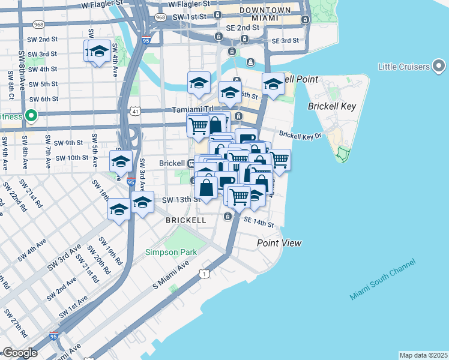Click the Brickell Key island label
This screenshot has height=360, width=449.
332,106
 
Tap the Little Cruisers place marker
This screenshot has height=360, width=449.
439,65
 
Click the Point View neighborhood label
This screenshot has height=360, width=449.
279,243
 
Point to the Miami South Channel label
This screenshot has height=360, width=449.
382,281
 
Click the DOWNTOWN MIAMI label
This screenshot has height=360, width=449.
263,15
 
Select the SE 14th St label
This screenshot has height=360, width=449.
259,223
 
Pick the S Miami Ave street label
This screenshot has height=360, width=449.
170,278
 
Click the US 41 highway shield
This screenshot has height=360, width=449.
136,112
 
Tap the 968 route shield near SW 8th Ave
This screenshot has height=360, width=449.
39,25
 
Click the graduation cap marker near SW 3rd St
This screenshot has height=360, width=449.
98,51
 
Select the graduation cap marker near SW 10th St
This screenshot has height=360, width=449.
121,162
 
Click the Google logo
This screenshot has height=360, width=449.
20,353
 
